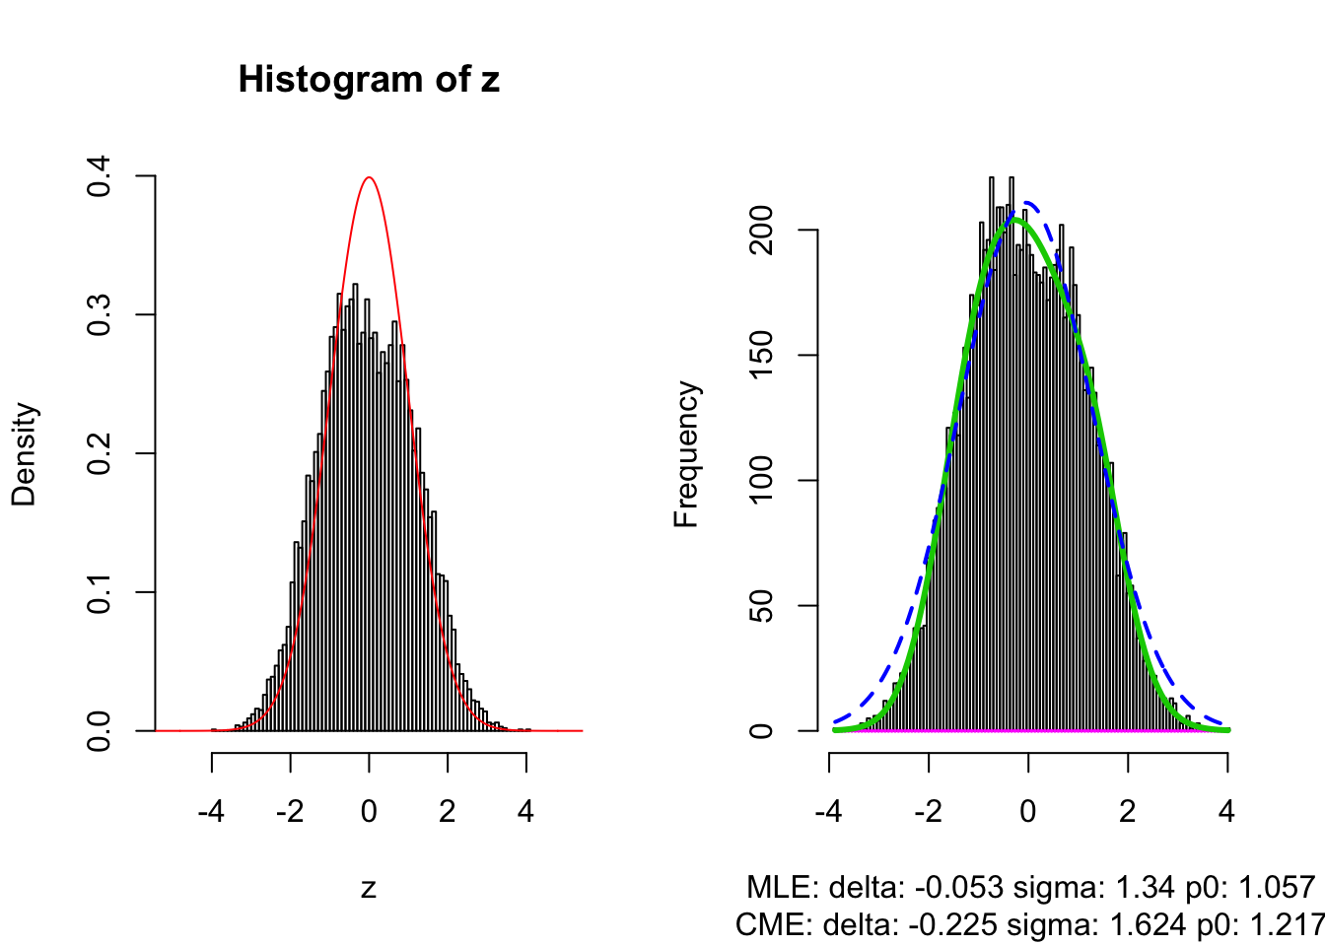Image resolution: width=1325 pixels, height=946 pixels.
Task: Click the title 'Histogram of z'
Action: [x=369, y=79]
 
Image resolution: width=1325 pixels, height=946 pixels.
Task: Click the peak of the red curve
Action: [x=369, y=178]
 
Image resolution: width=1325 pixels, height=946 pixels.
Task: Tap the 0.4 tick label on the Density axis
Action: [x=100, y=176]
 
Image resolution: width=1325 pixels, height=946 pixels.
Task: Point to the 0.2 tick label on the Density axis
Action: [x=100, y=453]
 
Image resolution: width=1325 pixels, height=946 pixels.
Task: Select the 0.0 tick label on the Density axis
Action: [x=100, y=730]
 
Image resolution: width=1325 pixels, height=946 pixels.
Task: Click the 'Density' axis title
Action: [x=24, y=453]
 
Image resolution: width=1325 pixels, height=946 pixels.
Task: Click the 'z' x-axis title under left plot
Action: [x=369, y=888]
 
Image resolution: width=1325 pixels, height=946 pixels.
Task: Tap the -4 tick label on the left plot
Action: [x=211, y=811]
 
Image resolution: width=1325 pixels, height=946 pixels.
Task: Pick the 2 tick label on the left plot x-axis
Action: [x=448, y=811]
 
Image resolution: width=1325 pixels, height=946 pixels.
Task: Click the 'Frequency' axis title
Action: [x=686, y=453]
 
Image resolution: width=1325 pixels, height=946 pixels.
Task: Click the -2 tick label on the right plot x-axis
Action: [x=928, y=811]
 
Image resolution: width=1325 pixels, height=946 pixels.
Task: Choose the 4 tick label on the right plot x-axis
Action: [x=1226, y=811]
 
